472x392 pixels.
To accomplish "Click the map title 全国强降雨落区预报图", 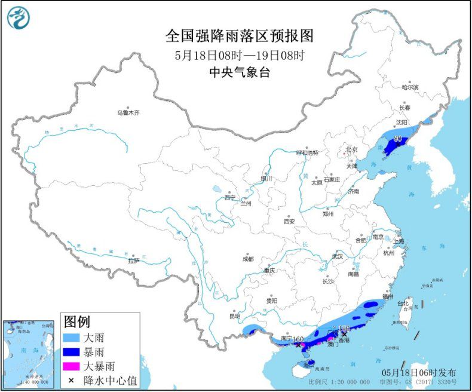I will click(x=240, y=36).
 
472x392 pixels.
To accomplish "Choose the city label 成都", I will click(x=247, y=259).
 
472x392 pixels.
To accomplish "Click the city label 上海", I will click(x=399, y=241).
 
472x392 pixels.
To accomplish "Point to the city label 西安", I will click(x=289, y=221).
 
